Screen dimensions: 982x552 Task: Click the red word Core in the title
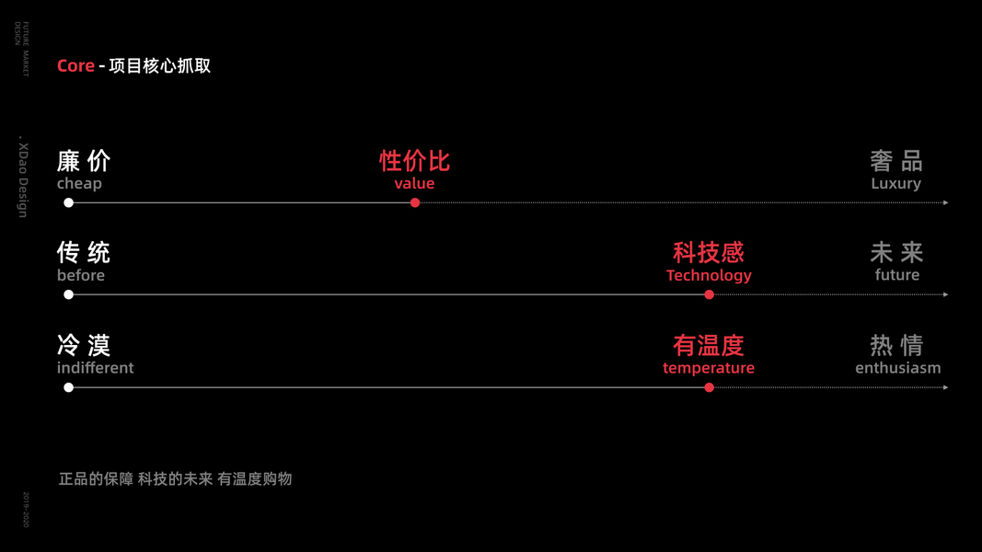(75, 66)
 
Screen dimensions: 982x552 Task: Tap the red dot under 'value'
(415, 202)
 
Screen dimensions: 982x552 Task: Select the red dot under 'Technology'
(709, 294)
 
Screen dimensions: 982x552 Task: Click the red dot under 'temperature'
(709, 387)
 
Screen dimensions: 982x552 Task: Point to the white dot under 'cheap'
(68, 202)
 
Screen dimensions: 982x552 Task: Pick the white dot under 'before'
(68, 294)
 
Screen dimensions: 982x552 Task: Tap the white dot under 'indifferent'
(68, 387)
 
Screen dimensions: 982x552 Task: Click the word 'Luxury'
(895, 184)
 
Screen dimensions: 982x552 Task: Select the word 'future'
(897, 275)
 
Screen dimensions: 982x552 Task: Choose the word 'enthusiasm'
(897, 368)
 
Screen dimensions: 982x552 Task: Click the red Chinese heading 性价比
(414, 161)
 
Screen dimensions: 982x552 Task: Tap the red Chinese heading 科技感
(709, 252)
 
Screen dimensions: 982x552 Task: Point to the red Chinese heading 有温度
(709, 345)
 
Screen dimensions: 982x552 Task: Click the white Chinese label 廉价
(84, 161)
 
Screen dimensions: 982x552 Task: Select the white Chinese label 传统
(84, 252)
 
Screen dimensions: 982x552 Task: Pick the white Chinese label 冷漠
(84, 345)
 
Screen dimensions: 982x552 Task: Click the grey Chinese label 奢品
(896, 161)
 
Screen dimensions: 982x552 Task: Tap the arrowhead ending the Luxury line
(945, 202)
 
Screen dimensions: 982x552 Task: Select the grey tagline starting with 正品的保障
(175, 479)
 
